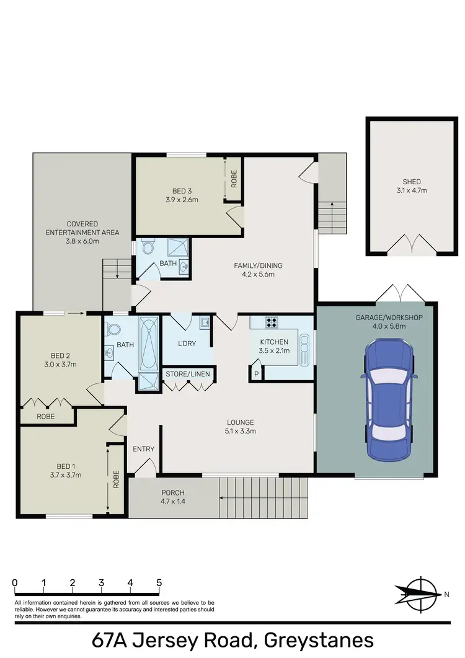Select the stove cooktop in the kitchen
point(272,322)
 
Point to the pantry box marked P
point(256,373)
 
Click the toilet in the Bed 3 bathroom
point(147,248)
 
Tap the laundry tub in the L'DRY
point(204,322)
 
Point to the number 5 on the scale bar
point(159,583)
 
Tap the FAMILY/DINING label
point(254,265)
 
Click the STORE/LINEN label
point(187,375)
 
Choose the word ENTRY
point(144,449)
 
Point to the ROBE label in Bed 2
point(47,417)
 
